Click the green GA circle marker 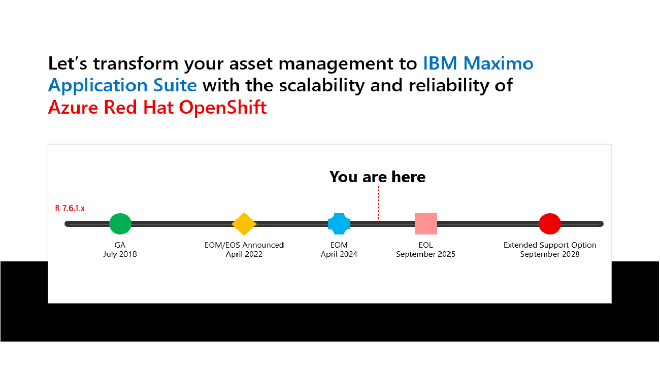tap(120, 224)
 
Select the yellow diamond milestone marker tap(244, 224)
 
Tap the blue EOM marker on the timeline tap(339, 224)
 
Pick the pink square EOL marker tap(426, 224)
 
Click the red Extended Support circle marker tap(550, 224)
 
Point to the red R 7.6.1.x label tap(70, 208)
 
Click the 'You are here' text tap(377, 177)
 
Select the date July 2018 tap(120, 254)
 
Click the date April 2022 tap(244, 254)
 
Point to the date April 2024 tap(339, 254)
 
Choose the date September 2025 tap(425, 254)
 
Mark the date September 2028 tap(550, 254)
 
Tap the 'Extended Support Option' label tap(550, 245)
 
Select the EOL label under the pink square tap(426, 245)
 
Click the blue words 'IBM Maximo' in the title tap(478, 64)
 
